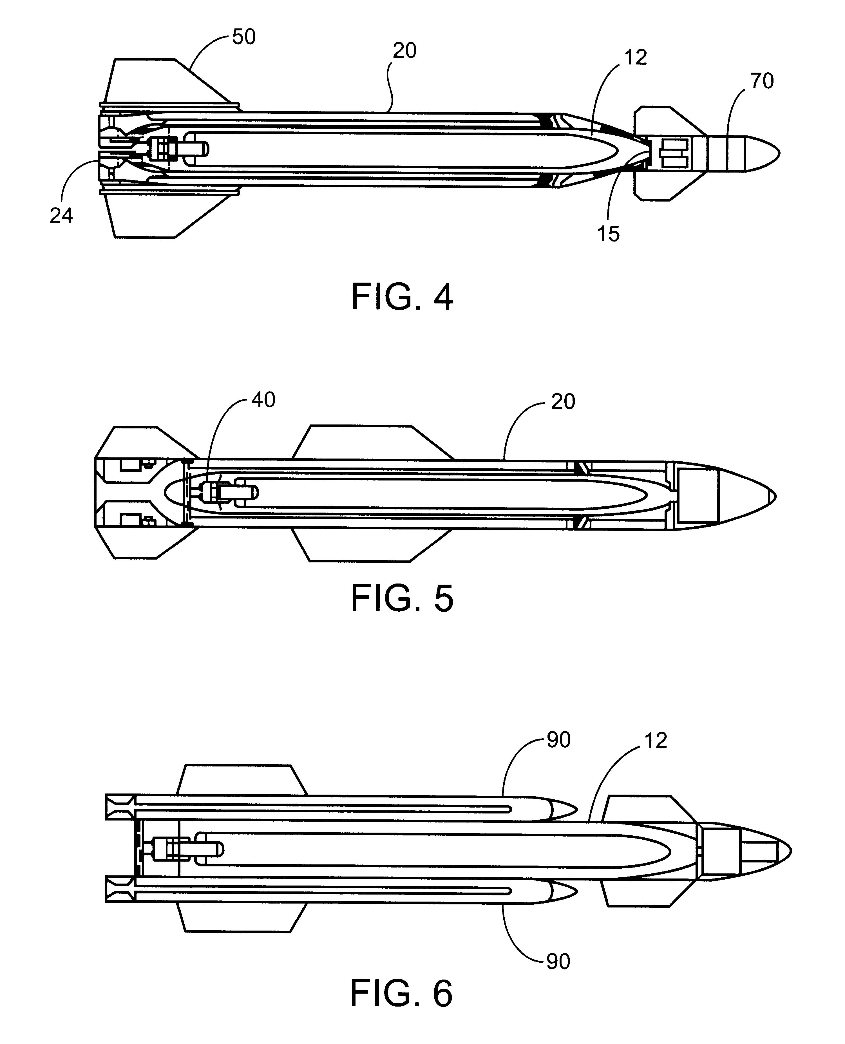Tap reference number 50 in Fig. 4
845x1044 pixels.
(244, 37)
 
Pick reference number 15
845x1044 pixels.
(609, 234)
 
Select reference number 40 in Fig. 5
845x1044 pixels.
(263, 400)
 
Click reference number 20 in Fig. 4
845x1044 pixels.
(404, 51)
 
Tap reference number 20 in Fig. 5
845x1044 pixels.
(563, 402)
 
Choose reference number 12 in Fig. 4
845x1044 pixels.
(636, 57)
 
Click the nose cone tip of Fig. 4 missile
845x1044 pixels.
(779, 153)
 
